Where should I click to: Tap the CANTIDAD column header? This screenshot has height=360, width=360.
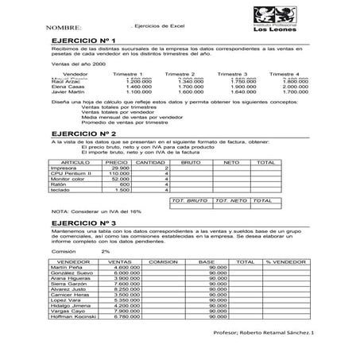coord(151,161)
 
